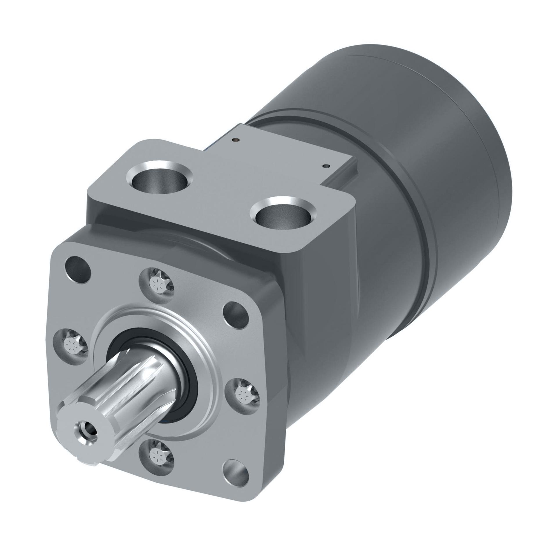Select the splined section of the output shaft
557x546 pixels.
click(125, 397)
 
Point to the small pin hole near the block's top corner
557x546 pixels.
click(238, 140)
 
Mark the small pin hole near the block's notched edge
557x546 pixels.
click(327, 166)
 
